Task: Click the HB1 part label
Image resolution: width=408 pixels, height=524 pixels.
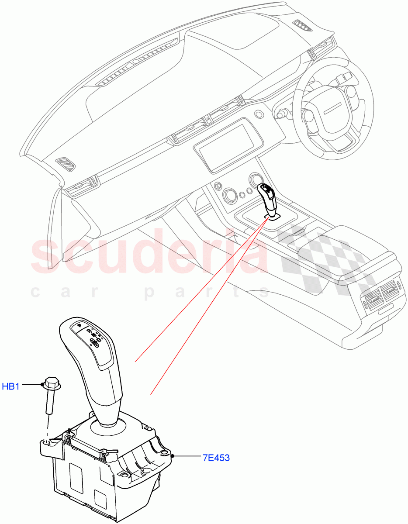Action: pos(11,386)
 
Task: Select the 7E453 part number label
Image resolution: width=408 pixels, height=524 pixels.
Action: pos(216,458)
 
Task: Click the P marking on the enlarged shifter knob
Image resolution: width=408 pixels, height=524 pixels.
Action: pos(80,325)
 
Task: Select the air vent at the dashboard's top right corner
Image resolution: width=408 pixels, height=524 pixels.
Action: pos(302,26)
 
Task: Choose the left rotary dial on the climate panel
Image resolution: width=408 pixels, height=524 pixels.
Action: pos(229,194)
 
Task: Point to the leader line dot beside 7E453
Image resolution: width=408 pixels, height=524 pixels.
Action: pos(174,456)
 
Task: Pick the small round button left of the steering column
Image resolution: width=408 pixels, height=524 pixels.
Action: pos(259,114)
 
